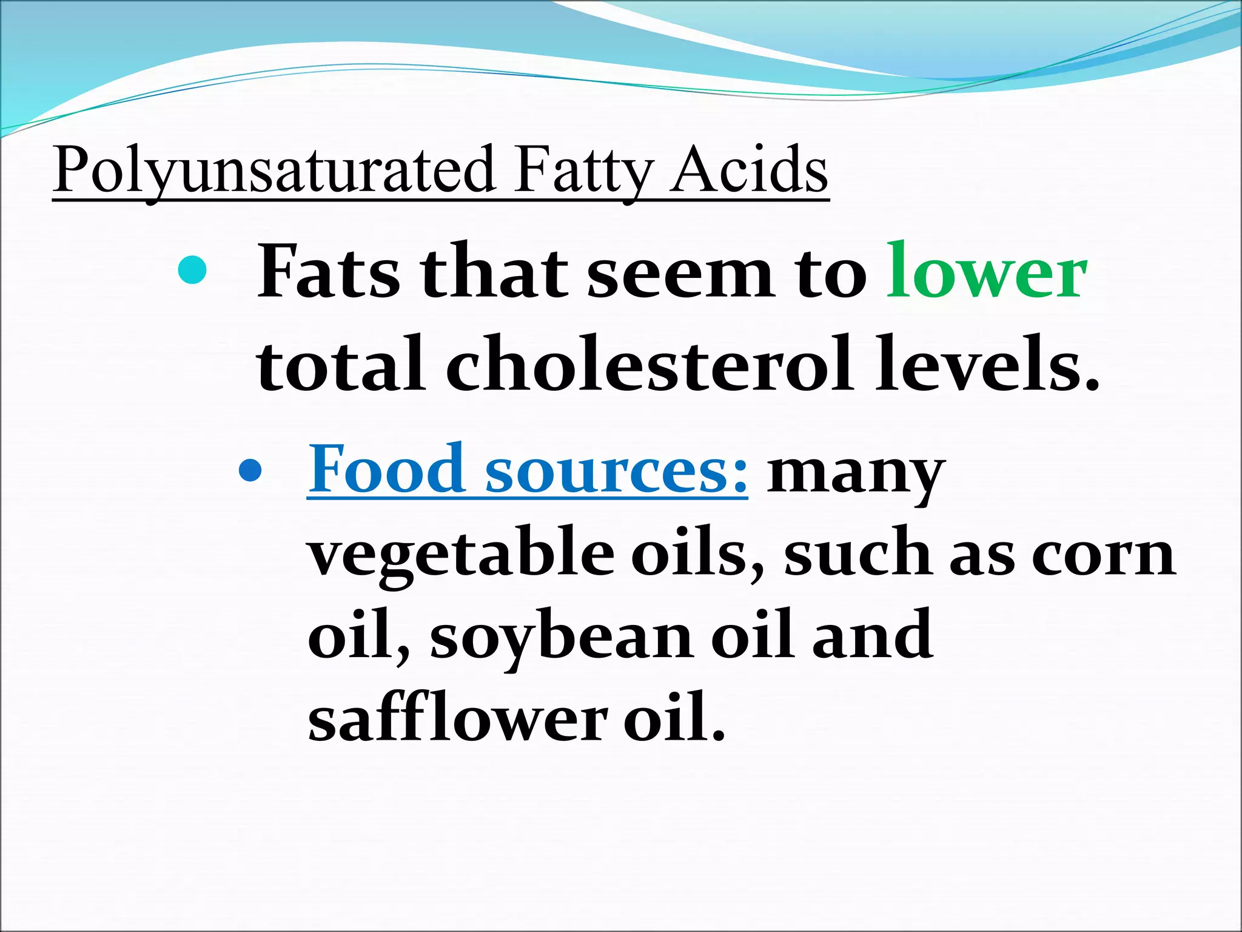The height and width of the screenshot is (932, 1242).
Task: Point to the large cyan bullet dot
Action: [x=193, y=270]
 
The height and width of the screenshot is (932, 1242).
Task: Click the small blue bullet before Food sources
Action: [x=250, y=471]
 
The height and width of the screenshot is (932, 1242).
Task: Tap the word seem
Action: [x=680, y=273]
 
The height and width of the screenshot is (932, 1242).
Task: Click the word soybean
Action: [x=561, y=640]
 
